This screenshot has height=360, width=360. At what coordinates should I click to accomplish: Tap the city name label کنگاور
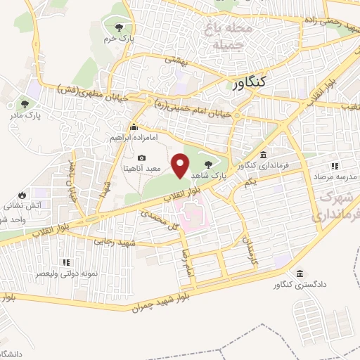click(249, 83)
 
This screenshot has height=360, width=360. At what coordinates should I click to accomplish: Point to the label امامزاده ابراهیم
click(134, 139)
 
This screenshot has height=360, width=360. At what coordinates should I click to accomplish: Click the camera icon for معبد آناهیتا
click(142, 158)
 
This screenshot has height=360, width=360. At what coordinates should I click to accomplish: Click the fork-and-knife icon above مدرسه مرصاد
click(335, 166)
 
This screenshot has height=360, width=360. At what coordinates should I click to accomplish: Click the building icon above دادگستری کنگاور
click(300, 274)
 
